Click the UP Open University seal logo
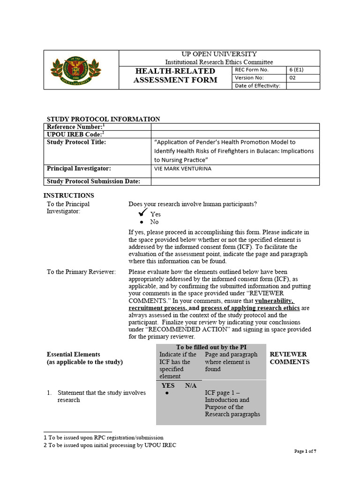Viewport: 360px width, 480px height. (75, 70)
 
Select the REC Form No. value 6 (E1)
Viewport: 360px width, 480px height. (296, 70)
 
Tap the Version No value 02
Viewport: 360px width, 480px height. (292, 78)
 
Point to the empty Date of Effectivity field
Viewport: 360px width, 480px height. (303, 85)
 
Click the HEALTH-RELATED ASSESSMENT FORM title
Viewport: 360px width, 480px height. (175, 75)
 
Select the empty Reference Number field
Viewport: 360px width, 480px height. (234, 127)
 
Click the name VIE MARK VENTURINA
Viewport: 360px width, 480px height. (183, 169)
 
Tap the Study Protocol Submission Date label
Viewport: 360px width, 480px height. (92, 181)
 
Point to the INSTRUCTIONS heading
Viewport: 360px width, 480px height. (69, 195)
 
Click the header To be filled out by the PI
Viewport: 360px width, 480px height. (211, 347)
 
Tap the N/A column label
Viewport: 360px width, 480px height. (191, 385)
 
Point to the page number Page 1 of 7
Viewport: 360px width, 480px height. (305, 451)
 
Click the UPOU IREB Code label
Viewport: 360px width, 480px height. (75, 134)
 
